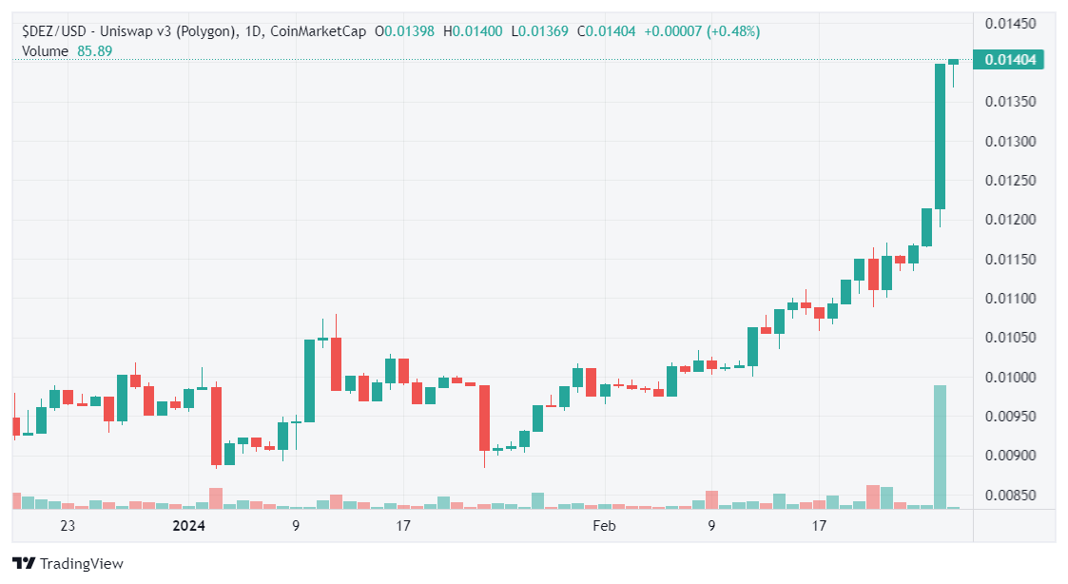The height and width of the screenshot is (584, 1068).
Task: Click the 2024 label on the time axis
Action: [188, 525]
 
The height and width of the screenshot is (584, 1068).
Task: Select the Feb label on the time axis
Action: [604, 525]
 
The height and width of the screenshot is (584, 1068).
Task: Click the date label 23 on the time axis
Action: [67, 525]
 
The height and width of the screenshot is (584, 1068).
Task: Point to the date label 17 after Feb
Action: [818, 525]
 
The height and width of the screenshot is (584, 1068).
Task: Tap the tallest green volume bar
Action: [940, 447]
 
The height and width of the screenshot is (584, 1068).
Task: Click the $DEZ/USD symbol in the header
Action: [54, 31]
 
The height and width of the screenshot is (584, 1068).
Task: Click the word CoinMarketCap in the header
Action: [318, 31]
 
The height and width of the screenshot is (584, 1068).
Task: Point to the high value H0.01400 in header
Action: [471, 31]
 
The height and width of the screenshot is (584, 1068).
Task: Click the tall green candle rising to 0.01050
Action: [309, 380]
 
